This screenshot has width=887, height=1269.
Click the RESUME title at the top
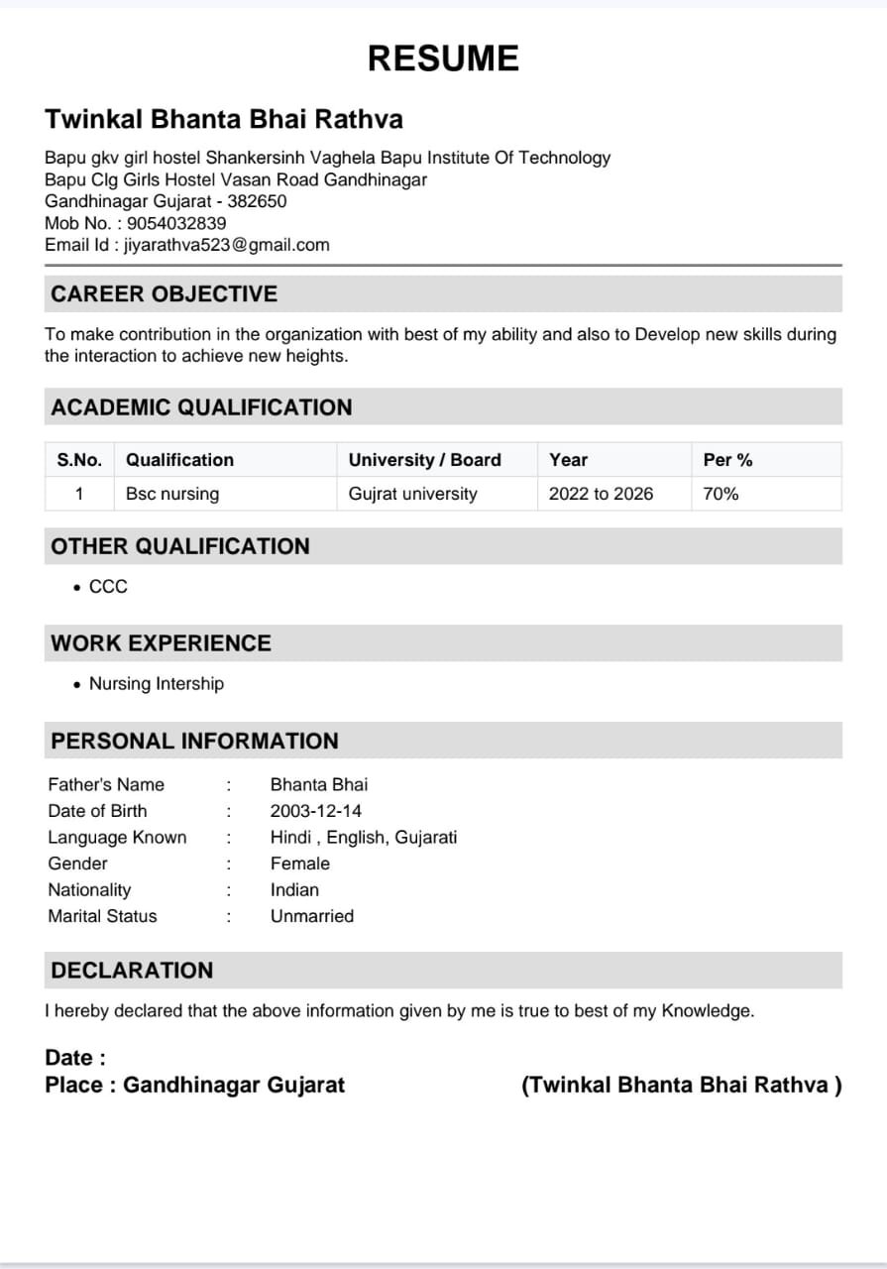pos(443,58)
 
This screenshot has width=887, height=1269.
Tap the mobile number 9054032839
pos(176,223)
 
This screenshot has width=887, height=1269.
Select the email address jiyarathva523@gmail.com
pos(226,245)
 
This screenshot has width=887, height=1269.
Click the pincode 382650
pos(257,201)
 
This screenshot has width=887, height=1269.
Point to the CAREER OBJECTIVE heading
pos(165,294)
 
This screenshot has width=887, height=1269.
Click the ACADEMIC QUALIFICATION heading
pos(201,407)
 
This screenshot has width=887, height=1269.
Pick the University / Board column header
pos(425,460)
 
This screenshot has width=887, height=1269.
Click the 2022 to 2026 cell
pos(601,494)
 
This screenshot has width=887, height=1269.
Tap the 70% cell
pos(721,494)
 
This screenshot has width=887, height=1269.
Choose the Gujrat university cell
pos(412,494)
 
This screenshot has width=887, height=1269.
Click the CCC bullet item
pos(108,587)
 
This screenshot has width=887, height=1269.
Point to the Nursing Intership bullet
pos(157,684)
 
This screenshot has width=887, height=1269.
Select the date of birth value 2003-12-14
pos(316,811)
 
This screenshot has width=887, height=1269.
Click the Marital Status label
pos(102,916)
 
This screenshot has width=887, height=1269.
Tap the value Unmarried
pos(311,916)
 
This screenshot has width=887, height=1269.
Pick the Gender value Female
pos(300,864)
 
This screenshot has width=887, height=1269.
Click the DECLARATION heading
pos(132,971)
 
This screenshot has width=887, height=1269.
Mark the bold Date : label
pos(75,1058)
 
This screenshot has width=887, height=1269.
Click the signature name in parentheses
pos(681,1085)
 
